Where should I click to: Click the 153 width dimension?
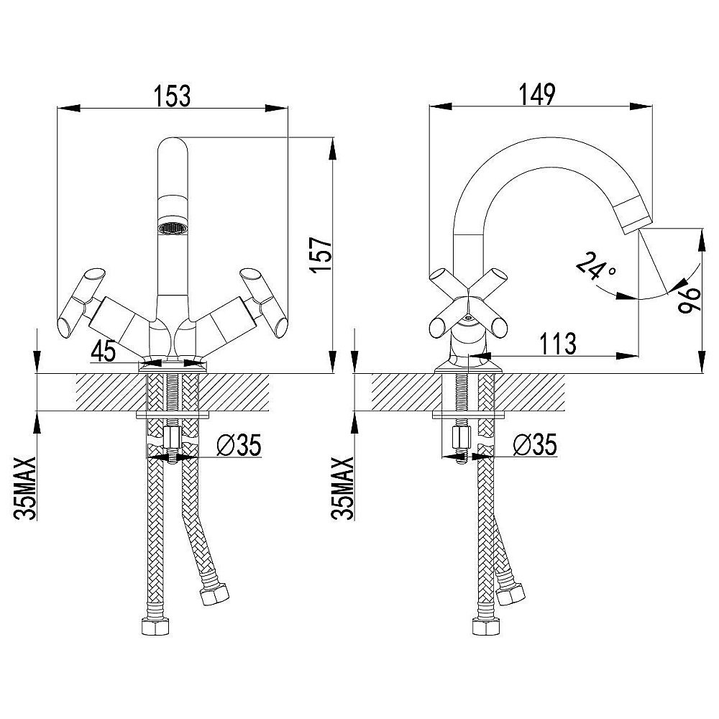[172, 96]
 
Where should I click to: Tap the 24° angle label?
[596, 267]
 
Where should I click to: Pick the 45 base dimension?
[105, 352]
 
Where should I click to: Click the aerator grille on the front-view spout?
[172, 229]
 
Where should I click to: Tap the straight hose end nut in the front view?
[156, 627]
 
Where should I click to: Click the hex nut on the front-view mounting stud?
[172, 436]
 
